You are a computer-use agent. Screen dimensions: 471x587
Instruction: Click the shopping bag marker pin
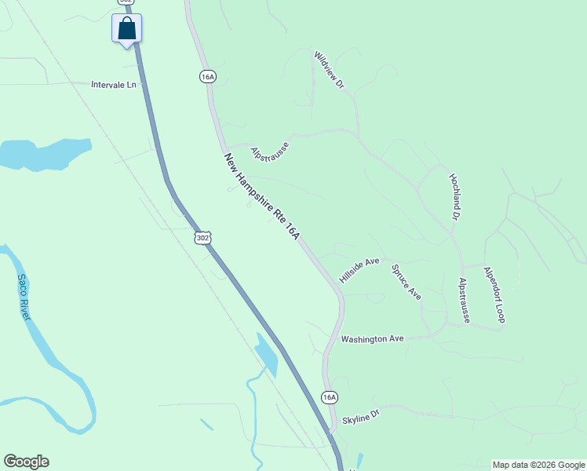tap(127, 30)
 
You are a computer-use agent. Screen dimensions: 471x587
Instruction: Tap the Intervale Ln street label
tap(119, 84)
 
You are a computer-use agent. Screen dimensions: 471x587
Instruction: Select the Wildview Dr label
tap(329, 70)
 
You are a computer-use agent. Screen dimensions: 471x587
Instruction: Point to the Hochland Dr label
tap(454, 195)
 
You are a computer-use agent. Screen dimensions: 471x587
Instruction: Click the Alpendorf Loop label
tap(494, 294)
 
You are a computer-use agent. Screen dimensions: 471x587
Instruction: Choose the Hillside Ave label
tap(359, 270)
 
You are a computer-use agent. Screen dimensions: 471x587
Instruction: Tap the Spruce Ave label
tap(407, 282)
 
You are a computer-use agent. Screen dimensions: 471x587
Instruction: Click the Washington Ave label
tap(372, 339)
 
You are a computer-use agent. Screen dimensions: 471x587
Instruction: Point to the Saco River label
tap(24, 297)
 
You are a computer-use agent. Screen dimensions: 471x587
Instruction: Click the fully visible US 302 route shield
tap(203, 236)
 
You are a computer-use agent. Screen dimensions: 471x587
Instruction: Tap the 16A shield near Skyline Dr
tap(330, 397)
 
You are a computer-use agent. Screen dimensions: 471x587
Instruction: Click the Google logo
tap(26, 462)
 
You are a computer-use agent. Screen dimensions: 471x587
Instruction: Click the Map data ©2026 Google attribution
tap(538, 465)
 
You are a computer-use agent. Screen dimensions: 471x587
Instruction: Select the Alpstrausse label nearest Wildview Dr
tap(270, 149)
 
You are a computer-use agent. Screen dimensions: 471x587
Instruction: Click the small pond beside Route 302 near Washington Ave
tap(267, 353)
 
